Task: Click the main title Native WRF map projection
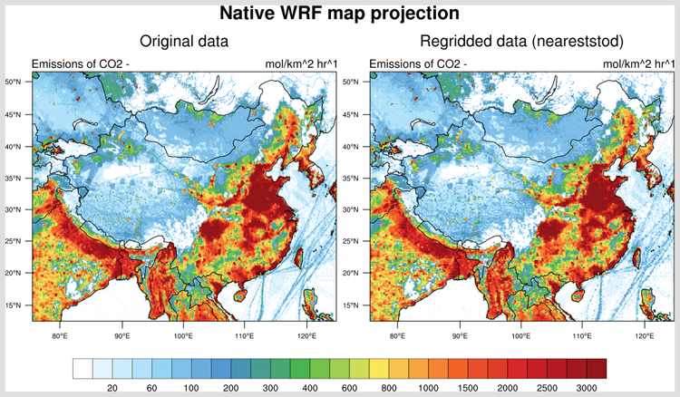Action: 340,14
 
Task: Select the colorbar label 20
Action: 112,388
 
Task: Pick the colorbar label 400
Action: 309,388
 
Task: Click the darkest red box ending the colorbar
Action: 597,368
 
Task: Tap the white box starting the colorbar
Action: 83,368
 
